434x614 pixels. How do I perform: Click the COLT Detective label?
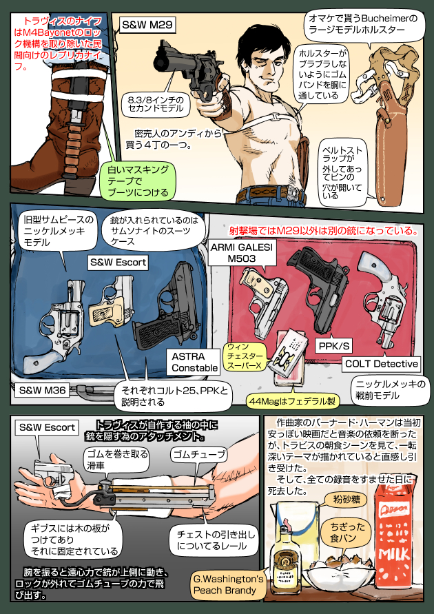click(x=381, y=363)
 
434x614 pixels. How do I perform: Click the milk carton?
click(x=395, y=531)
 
